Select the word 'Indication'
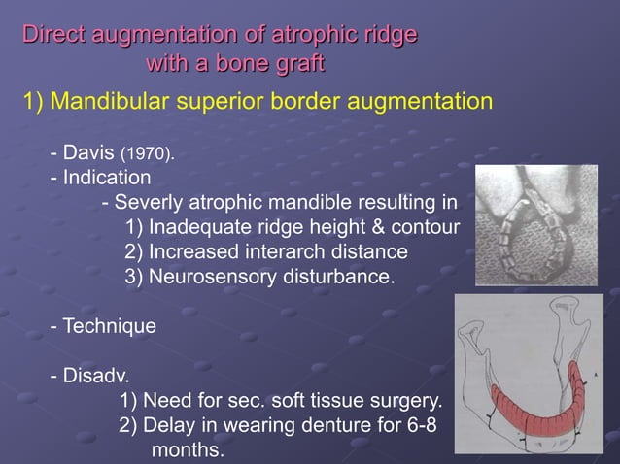pyautogui.click(x=107, y=179)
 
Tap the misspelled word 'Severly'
pyautogui.click(x=151, y=204)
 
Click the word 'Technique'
pyautogui.click(x=109, y=327)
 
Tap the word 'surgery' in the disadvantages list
pyautogui.click(x=406, y=401)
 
